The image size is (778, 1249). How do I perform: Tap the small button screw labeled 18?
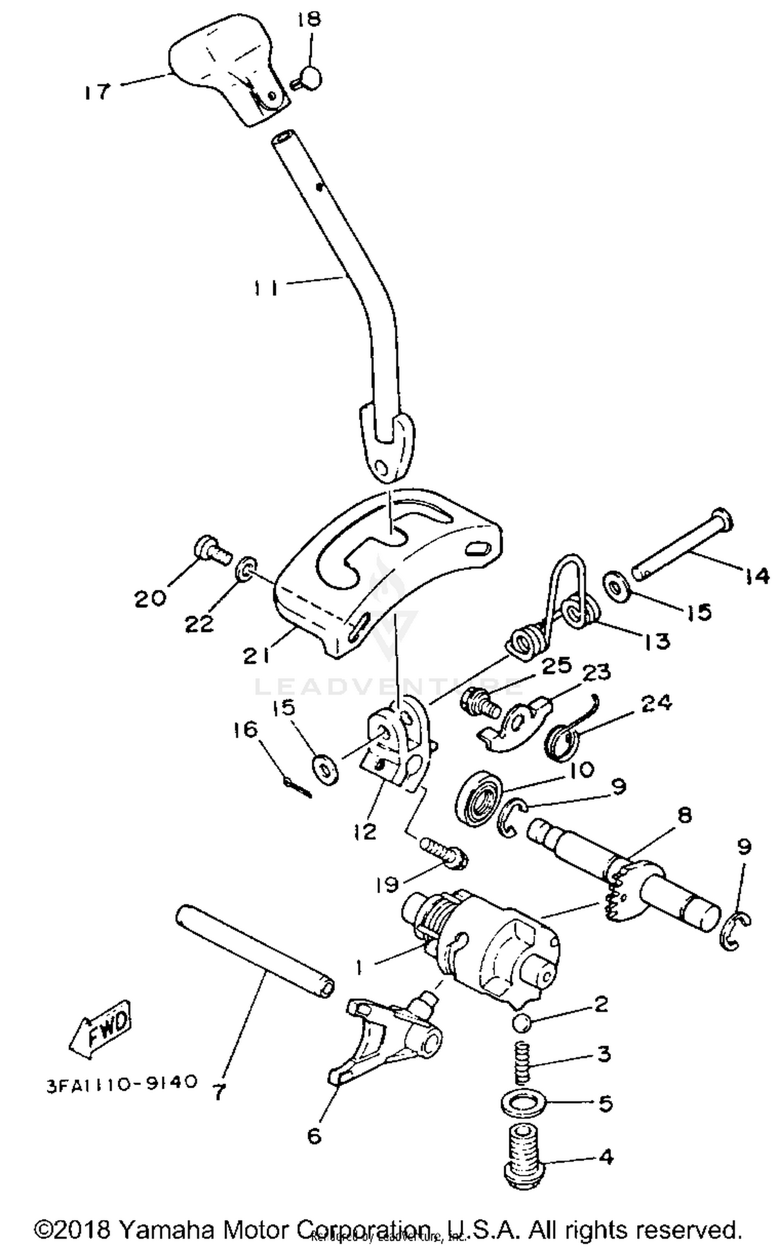point(310,78)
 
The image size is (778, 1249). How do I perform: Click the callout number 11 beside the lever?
point(266,287)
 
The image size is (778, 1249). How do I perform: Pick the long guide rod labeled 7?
point(254,949)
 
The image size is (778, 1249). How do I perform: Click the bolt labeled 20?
point(212,551)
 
